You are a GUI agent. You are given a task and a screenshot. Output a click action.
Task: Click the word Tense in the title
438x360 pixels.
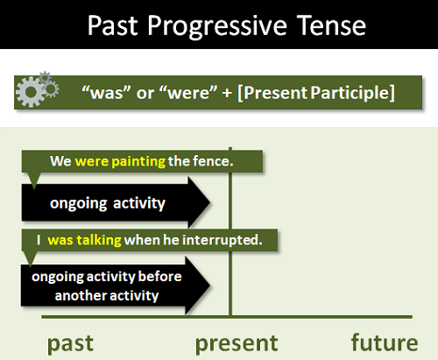click(x=331, y=25)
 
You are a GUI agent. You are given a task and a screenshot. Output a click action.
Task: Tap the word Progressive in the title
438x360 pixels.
click(x=217, y=26)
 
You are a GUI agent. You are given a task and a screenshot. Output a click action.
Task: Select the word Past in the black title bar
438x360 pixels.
click(x=113, y=25)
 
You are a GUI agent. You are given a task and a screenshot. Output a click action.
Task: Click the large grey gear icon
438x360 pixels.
click(x=31, y=92)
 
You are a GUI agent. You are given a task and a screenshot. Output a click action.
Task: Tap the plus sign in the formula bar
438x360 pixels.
click(x=227, y=93)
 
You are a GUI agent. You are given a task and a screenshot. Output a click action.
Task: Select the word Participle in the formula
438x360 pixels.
click(x=352, y=93)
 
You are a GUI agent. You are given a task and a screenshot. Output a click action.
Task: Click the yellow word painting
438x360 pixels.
click(x=138, y=161)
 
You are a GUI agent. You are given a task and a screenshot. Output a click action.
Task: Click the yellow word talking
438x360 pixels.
click(x=99, y=240)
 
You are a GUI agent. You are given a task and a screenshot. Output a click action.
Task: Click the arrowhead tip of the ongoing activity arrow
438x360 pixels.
click(x=210, y=202)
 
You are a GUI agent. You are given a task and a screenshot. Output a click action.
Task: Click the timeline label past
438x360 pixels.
click(x=70, y=344)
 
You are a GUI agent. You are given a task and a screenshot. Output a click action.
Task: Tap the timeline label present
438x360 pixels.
click(x=237, y=344)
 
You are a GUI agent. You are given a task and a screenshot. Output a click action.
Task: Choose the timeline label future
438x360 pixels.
click(x=385, y=342)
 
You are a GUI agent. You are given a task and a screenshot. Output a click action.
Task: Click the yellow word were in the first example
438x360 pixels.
click(x=92, y=161)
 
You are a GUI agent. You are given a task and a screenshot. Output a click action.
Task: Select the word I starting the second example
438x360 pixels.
click(x=39, y=240)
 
